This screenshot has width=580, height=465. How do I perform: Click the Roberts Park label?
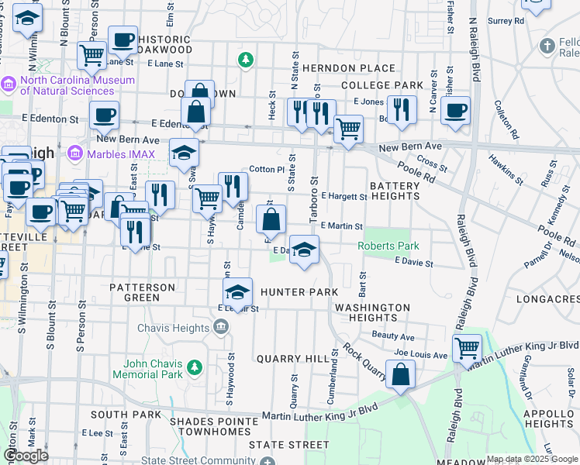click(x=388, y=246)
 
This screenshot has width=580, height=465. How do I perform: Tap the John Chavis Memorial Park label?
click(x=152, y=369)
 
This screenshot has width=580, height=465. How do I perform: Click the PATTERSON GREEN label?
click(x=142, y=292)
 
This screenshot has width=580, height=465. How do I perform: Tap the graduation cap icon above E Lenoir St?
click(x=237, y=291)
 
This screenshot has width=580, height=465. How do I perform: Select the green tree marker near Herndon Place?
click(x=246, y=59)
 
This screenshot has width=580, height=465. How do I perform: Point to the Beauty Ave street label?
click(x=393, y=336)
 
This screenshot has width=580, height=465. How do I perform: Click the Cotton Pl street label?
click(x=264, y=169)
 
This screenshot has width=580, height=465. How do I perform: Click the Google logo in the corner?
click(x=26, y=456)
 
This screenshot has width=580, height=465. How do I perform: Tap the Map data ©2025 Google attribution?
click(x=532, y=459)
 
